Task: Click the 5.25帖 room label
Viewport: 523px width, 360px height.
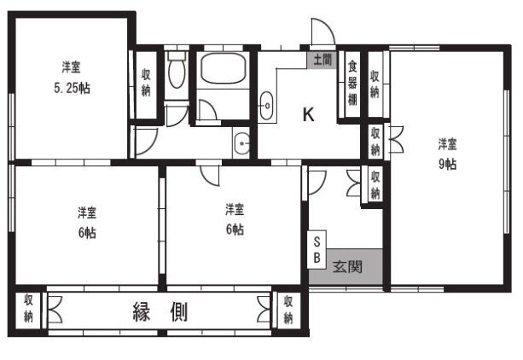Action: (x=72, y=87)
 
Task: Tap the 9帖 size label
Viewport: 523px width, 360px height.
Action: (x=447, y=165)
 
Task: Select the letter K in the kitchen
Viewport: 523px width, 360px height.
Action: (x=308, y=116)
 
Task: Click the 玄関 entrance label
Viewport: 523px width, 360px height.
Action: (x=347, y=267)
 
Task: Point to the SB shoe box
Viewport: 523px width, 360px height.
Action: (x=317, y=248)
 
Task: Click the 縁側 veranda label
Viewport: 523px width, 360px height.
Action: (x=160, y=312)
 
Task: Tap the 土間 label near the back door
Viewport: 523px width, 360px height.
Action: (x=323, y=61)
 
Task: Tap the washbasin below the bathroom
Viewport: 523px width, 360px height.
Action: (x=241, y=144)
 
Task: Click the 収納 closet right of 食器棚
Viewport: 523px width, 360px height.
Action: (x=375, y=84)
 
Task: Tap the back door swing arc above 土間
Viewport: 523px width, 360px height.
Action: (x=320, y=34)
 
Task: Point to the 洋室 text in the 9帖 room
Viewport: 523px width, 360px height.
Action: (x=448, y=142)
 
